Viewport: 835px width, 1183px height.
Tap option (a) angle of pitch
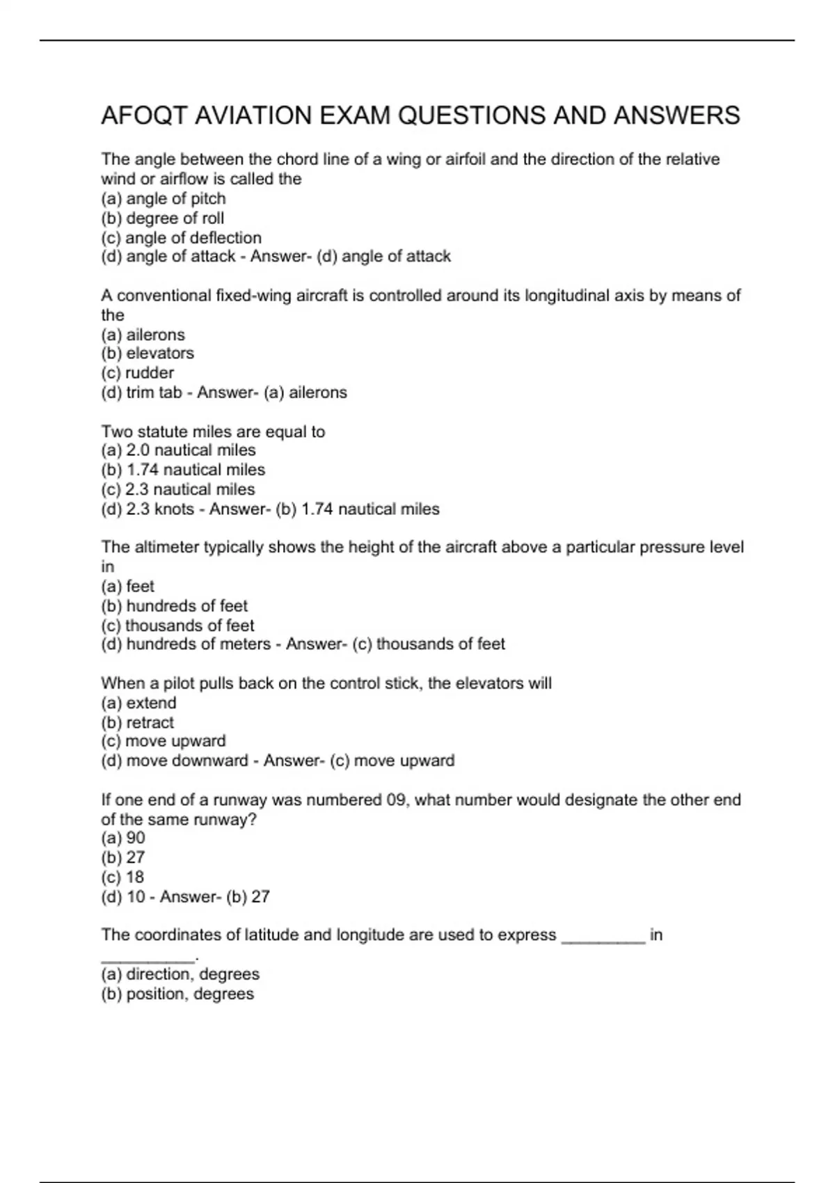(164, 198)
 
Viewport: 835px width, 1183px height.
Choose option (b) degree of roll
(163, 218)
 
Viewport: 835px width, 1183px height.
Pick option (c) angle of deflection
(181, 237)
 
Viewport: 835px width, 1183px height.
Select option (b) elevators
(148, 354)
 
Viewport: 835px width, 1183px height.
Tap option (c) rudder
(138, 373)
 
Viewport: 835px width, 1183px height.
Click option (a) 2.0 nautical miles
(178, 450)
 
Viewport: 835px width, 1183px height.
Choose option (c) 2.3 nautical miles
(178, 489)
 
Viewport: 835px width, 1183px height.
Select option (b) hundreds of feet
(175, 605)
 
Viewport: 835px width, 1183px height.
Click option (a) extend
(138, 703)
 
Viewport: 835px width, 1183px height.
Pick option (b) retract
(138, 722)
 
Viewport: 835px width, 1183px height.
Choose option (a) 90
(123, 838)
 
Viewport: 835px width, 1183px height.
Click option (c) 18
(123, 877)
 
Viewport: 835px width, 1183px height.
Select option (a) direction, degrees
(180, 974)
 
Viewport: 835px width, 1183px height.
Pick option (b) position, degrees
(177, 994)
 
